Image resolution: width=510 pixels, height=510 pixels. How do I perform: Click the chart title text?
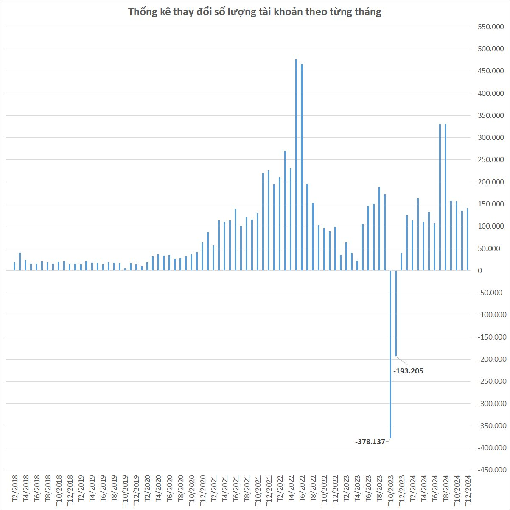coord(255,12)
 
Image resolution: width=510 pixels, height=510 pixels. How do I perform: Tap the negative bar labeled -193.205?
coord(396,314)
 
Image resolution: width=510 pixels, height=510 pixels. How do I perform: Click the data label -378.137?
coord(370,442)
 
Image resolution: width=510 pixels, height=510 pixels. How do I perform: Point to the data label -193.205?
coord(408,371)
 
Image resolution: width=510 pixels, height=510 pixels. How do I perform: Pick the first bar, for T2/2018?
coord(14,266)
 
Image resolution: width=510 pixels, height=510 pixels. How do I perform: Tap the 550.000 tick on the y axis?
coord(490,27)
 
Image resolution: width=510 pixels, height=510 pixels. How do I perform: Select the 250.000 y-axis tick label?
coord(490,160)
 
